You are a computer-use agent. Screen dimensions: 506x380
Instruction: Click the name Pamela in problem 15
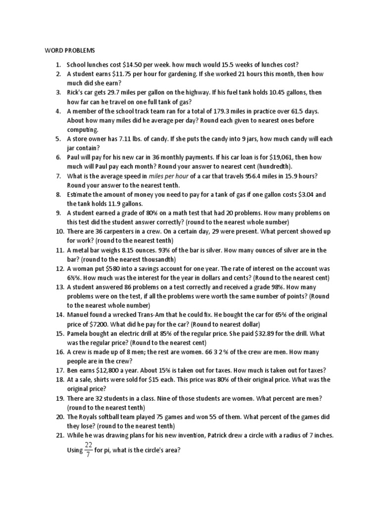tap(80, 334)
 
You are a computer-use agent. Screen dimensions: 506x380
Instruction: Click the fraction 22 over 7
tap(89, 450)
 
